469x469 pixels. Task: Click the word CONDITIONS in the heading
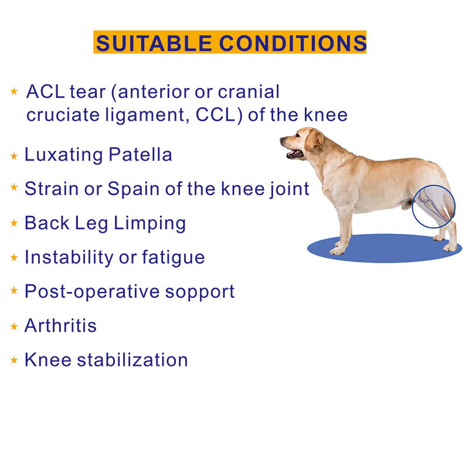click(x=293, y=43)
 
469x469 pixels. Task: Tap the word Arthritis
click(x=60, y=325)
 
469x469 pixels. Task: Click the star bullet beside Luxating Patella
click(x=14, y=156)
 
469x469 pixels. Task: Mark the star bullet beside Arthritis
click(x=14, y=327)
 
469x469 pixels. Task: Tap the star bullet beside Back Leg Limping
click(x=14, y=224)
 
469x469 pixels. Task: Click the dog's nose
click(x=282, y=141)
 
